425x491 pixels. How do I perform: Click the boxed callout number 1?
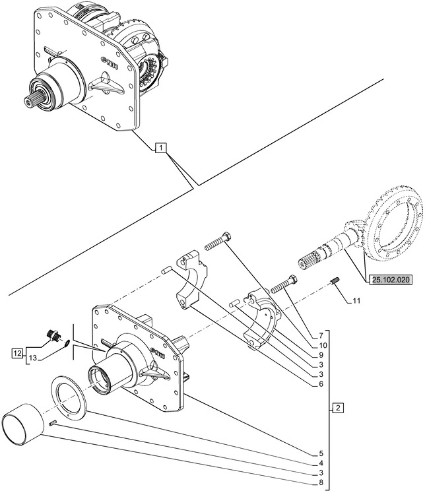tap(161, 148)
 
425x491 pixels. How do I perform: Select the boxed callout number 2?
tap(337, 408)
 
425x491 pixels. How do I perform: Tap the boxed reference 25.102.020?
tap(391, 280)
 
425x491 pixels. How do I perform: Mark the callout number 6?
tap(321, 384)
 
